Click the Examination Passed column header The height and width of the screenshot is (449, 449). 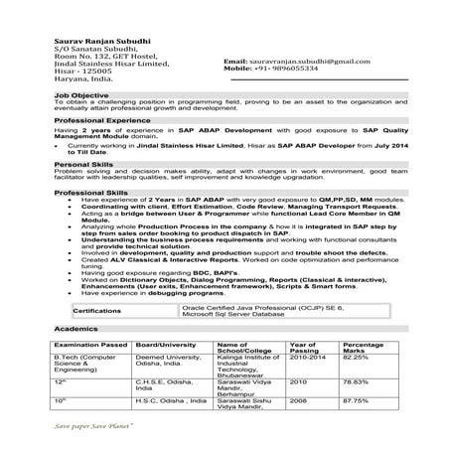(89, 346)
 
